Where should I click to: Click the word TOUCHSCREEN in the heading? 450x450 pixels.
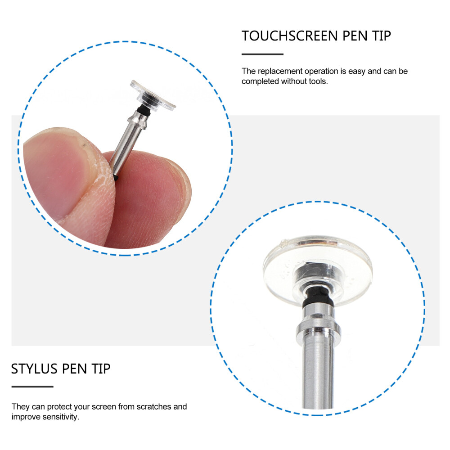click(x=289, y=36)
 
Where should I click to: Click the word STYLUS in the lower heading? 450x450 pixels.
click(x=34, y=369)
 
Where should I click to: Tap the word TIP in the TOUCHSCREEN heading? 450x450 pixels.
click(x=380, y=36)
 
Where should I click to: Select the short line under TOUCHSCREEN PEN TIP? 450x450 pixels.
click(x=262, y=54)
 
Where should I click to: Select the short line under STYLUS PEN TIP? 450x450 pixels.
click(x=32, y=387)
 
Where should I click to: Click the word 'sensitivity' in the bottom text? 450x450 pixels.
click(x=58, y=417)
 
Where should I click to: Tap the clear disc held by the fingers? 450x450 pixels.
click(x=153, y=94)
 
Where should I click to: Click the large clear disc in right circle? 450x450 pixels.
click(x=317, y=270)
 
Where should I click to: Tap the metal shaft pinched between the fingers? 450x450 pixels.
click(x=127, y=144)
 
